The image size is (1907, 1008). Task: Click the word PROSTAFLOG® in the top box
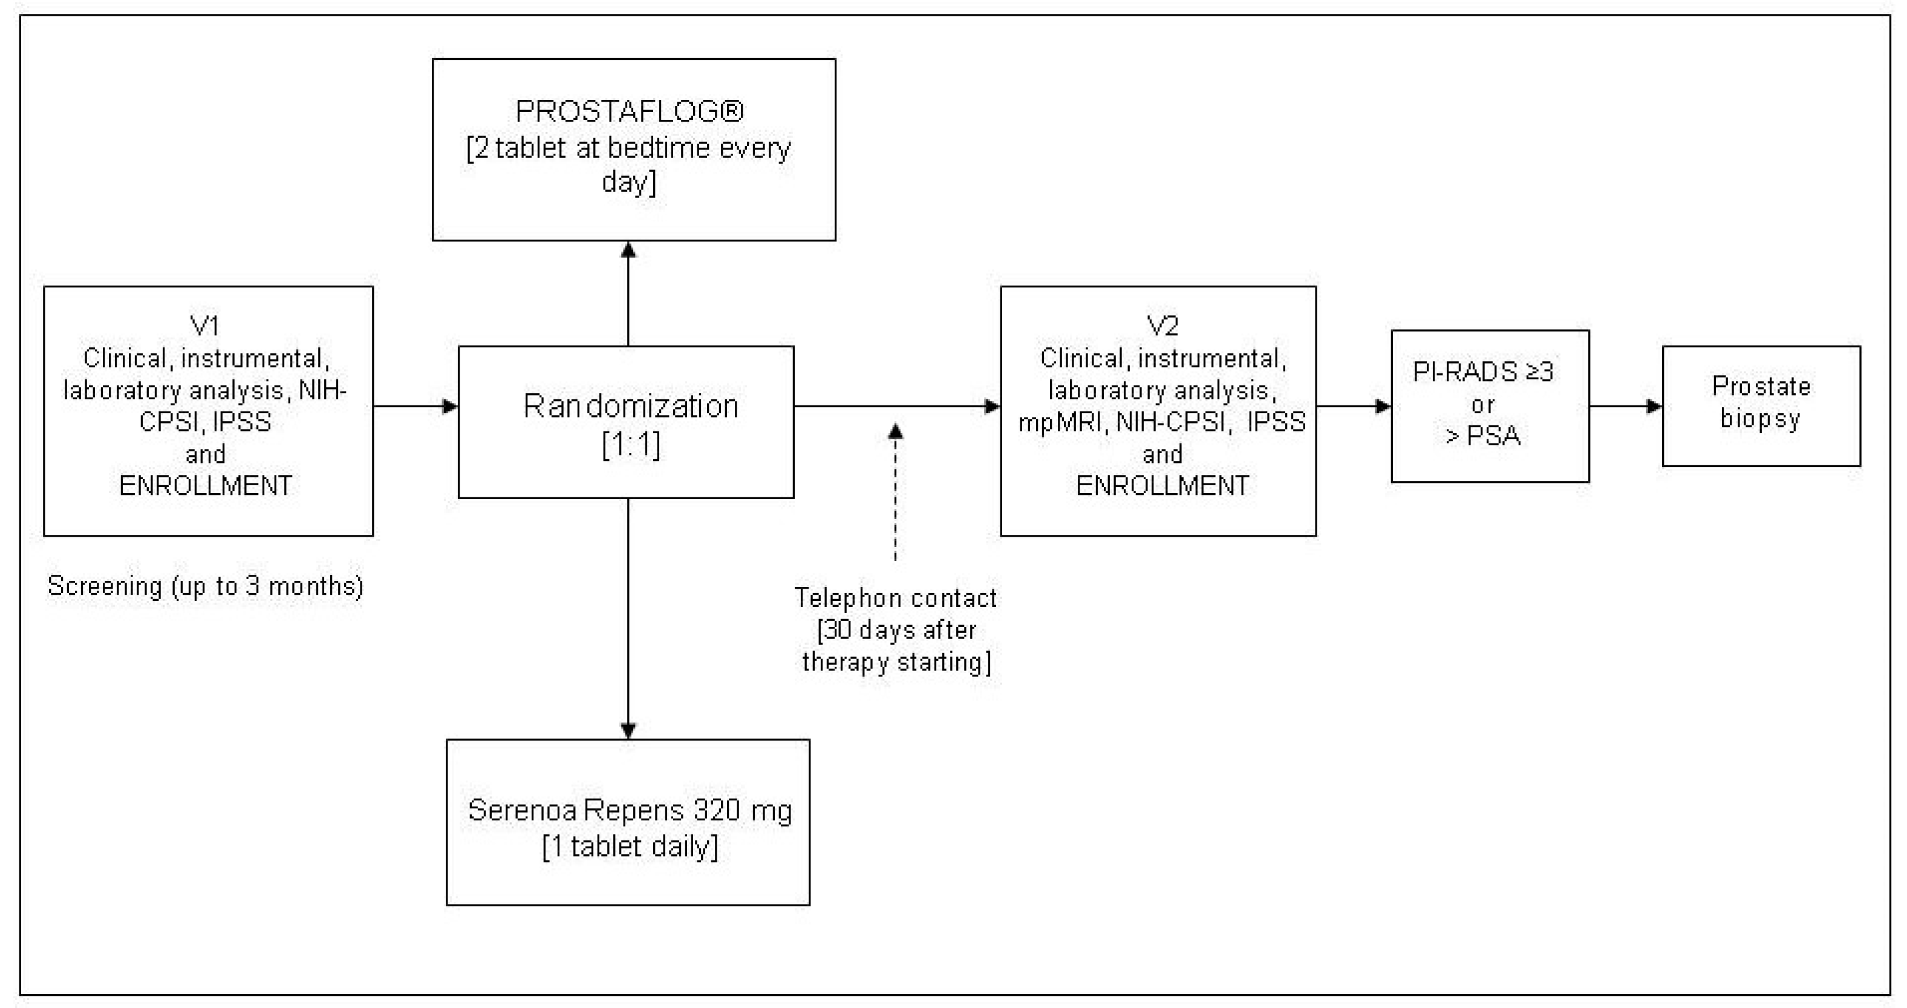tap(629, 112)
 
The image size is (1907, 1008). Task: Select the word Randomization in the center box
tap(631, 406)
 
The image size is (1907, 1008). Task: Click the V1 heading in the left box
tap(205, 325)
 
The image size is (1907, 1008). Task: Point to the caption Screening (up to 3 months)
tap(205, 586)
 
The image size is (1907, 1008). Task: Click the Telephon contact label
tap(896, 598)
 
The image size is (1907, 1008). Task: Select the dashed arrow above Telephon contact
tap(896, 493)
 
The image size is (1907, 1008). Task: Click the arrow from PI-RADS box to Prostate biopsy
tap(1625, 406)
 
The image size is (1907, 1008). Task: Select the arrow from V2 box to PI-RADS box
tap(1353, 406)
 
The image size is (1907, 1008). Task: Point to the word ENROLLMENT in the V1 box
tap(206, 486)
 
